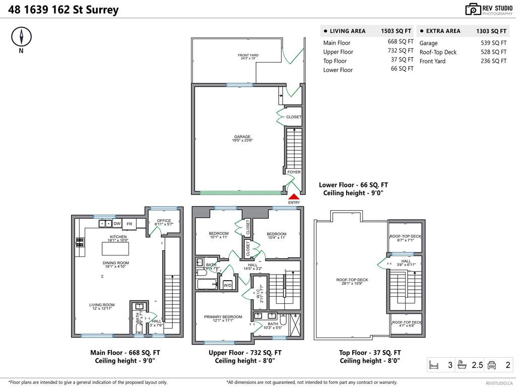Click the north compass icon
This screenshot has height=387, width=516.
click(x=21, y=36)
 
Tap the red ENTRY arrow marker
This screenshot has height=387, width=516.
click(x=294, y=198)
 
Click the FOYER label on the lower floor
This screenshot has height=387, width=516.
click(x=294, y=172)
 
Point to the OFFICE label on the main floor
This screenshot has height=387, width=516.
click(x=164, y=221)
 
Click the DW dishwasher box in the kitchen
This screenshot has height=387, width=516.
click(x=117, y=224)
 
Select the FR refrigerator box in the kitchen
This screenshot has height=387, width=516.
click(x=130, y=224)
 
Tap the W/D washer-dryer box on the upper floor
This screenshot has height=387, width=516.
click(x=228, y=286)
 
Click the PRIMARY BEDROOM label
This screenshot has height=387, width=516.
click(x=223, y=317)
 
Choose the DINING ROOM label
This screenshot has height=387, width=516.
click(x=116, y=263)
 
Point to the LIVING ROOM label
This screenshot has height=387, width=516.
click(x=102, y=305)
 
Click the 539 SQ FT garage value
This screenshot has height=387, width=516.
click(x=493, y=43)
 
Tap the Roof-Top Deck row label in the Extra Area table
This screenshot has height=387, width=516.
click(x=438, y=52)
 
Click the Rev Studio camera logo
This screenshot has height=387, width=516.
click(x=473, y=9)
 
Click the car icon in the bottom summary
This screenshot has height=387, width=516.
click(x=492, y=365)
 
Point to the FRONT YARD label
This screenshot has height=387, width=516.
click(x=248, y=55)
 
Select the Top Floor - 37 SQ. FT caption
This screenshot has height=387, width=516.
click(x=370, y=353)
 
